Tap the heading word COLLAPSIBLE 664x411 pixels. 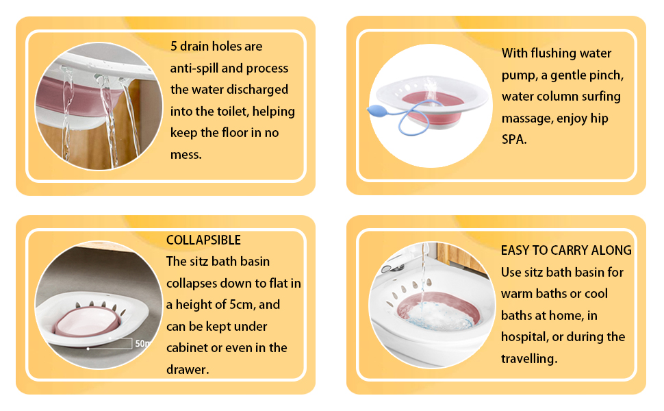point(203,240)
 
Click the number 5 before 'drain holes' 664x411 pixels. point(173,47)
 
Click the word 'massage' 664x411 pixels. point(526,119)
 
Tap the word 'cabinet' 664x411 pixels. point(188,348)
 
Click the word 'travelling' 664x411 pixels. point(530,358)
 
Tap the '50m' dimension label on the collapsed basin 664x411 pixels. point(142,342)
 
